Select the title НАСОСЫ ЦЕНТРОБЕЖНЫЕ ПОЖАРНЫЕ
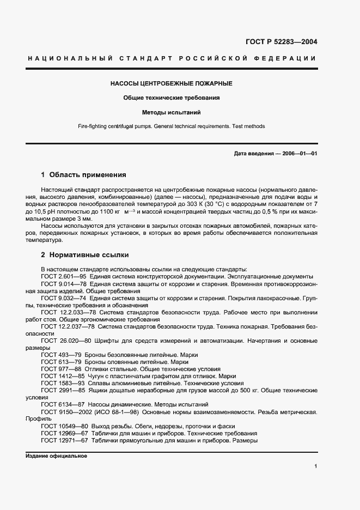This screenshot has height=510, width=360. coord(172,84)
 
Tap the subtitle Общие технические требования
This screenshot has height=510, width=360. coord(172,98)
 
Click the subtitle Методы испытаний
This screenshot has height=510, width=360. coord(172,113)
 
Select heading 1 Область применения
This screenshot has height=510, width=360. coord(84,175)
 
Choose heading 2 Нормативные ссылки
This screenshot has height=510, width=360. coord(85,255)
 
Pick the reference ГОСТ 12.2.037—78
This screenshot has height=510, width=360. coord(68,326)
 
